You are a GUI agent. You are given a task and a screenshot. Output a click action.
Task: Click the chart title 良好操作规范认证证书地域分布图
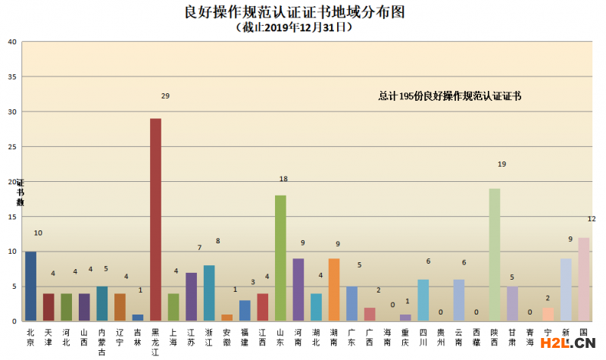[302, 11]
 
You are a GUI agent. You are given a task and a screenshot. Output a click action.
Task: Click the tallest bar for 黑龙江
[155, 220]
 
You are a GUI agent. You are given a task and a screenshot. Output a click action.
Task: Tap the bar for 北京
[30, 286]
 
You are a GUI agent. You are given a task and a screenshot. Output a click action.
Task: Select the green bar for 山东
[280, 258]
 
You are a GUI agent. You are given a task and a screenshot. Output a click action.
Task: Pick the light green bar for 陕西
[495, 255]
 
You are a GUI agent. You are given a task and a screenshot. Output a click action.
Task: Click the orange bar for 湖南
[334, 290]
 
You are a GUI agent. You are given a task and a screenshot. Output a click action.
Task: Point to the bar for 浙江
[209, 293]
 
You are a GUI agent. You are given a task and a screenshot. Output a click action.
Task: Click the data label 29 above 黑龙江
[165, 96]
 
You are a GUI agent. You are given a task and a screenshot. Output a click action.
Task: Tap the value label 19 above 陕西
[501, 164]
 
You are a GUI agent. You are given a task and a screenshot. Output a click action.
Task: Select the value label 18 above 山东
[283, 179]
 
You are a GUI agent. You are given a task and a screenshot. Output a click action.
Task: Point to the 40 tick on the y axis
[12, 42]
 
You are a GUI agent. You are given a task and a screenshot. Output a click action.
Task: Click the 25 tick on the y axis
[12, 147]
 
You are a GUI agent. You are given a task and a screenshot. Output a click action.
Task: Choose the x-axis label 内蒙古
[102, 342]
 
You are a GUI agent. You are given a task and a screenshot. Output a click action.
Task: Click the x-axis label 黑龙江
[155, 342]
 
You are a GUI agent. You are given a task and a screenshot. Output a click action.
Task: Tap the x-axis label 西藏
[476, 337]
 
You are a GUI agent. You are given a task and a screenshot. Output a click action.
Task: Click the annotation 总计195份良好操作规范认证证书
[450, 96]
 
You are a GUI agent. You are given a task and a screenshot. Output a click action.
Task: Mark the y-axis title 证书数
[20, 193]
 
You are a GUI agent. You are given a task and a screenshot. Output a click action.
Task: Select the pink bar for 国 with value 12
[583, 279]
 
